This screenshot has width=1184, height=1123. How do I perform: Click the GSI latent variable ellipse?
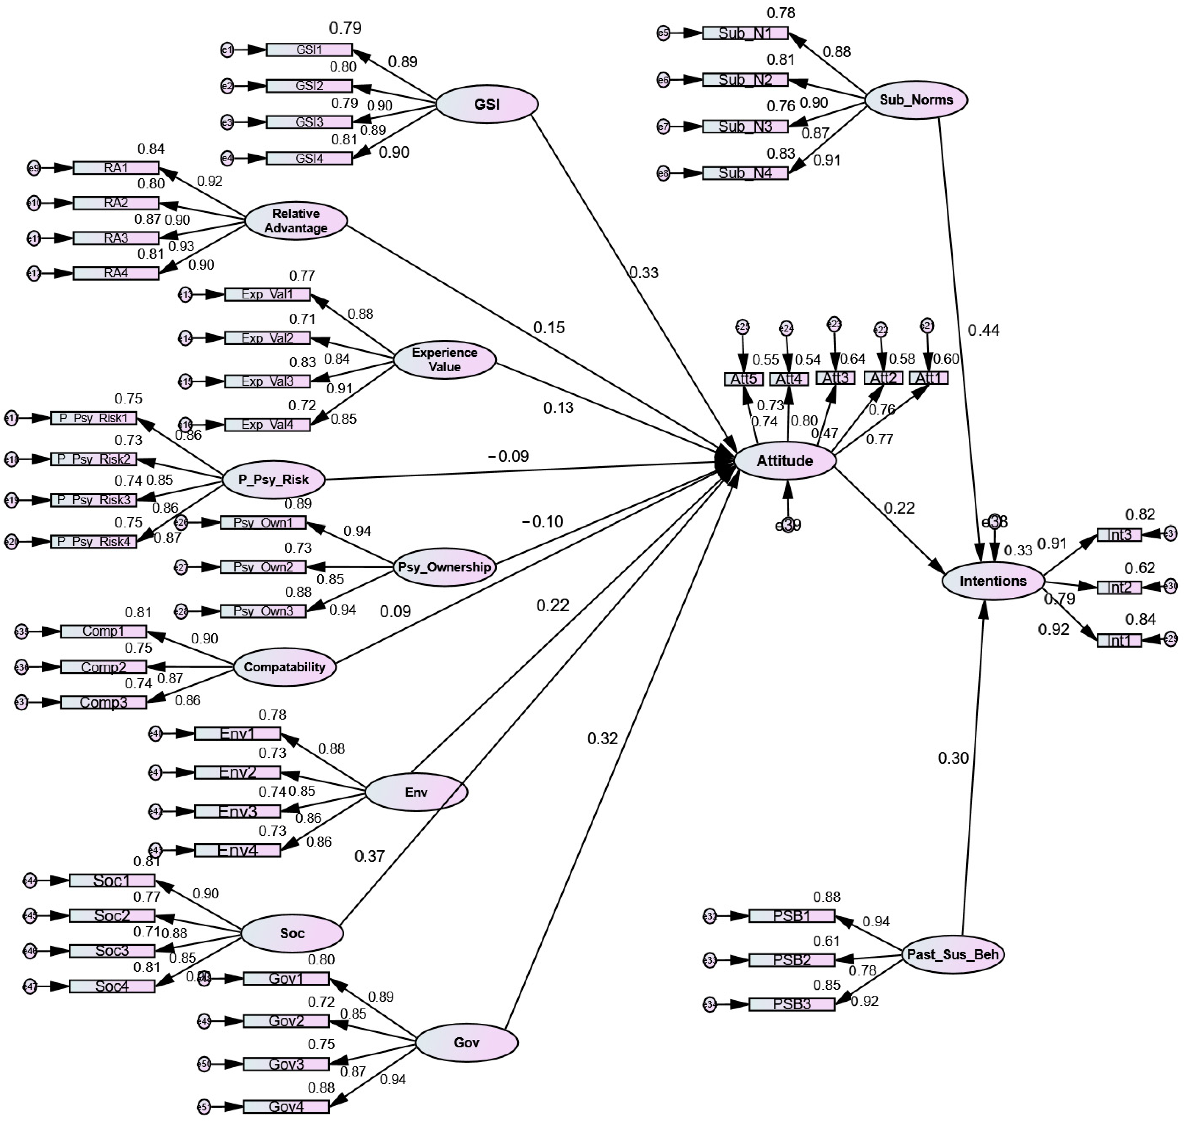point(487,104)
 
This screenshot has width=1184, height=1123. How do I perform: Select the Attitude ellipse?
point(784,461)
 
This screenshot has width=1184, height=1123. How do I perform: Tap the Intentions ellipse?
point(993,581)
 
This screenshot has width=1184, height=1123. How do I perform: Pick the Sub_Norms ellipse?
point(916,100)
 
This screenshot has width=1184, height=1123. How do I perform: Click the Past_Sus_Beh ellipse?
point(952,954)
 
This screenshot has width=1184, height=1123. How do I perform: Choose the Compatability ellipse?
point(284,667)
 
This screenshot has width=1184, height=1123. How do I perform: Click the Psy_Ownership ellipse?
point(444,567)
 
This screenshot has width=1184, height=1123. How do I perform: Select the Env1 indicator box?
point(237,733)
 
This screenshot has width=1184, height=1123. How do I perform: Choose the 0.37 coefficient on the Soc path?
point(370,856)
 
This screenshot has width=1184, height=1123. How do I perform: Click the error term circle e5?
point(663,33)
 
